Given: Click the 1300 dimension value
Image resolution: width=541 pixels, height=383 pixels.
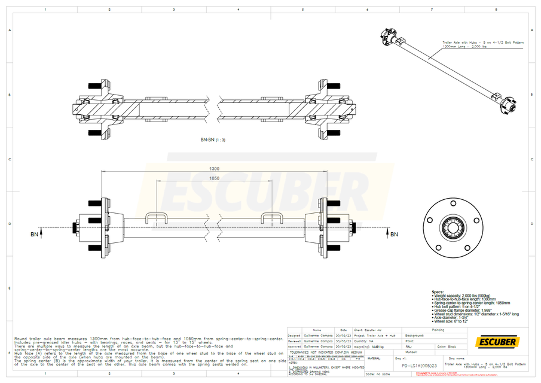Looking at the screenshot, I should click(214, 169).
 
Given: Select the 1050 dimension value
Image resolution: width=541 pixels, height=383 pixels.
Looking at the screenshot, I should click(214, 178).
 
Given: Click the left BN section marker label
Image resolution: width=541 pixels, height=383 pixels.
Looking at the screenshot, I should click(35, 235).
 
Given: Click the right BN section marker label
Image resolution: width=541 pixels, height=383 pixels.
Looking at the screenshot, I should click(394, 235).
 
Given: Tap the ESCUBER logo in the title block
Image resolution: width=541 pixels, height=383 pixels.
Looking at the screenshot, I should click(496, 342).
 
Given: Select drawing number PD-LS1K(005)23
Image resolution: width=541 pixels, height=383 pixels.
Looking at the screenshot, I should click(418, 364).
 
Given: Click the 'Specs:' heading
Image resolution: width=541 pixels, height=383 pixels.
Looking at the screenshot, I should click(438, 291).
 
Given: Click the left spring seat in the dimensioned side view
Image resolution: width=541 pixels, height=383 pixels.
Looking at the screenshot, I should click(156, 218).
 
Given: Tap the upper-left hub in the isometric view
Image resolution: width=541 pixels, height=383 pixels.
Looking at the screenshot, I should click(392, 37).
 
